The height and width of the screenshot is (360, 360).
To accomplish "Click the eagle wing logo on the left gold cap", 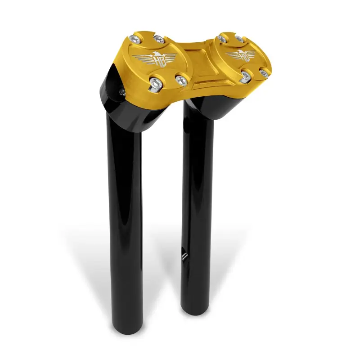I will pyautogui.click(x=152, y=58).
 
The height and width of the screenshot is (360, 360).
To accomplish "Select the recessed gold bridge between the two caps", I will pyautogui.click(x=197, y=63).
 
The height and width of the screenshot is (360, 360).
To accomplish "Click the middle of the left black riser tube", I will pyautogui.click(x=125, y=216).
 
